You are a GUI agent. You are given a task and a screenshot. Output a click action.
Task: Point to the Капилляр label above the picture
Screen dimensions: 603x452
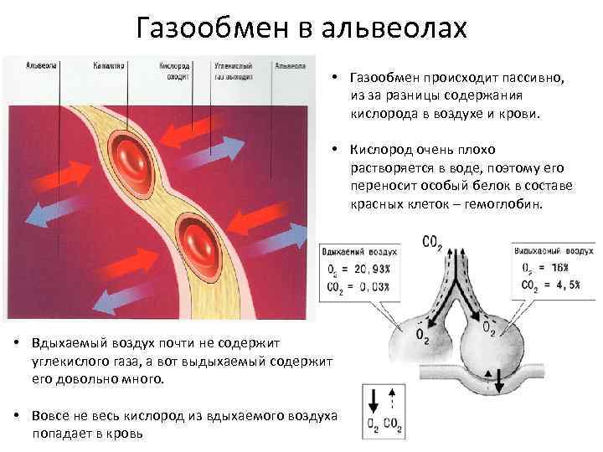(109, 64)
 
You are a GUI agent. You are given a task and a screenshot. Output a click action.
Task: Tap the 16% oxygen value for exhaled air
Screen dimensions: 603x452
(554, 267)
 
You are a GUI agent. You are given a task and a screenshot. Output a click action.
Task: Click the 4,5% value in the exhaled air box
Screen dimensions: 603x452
(559, 285)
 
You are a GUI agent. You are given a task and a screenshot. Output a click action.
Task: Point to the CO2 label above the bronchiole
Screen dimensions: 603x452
(433, 244)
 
